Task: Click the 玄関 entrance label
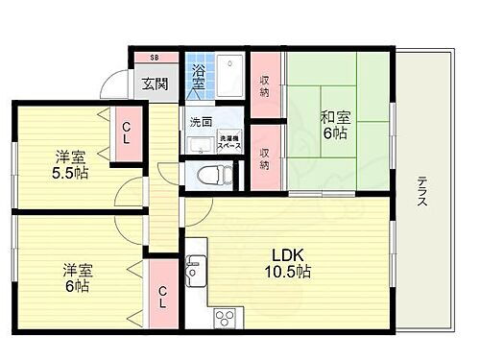pyautogui.click(x=155, y=84)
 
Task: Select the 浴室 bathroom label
pyautogui.click(x=199, y=76)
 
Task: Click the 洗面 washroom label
pyautogui.click(x=200, y=122)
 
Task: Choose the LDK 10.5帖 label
pyautogui.click(x=288, y=264)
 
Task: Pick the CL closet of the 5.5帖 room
pyautogui.click(x=125, y=132)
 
